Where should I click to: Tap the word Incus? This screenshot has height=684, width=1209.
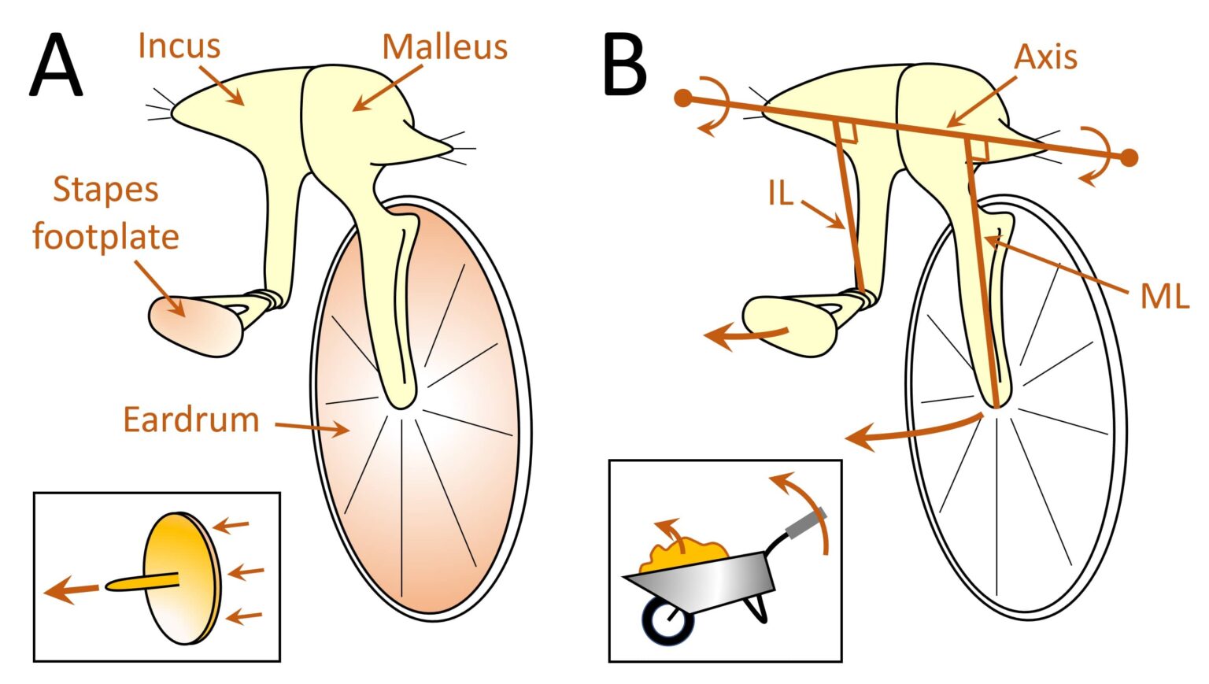click(179, 46)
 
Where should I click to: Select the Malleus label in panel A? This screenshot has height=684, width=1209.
click(445, 47)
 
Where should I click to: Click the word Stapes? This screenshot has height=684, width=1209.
click(105, 190)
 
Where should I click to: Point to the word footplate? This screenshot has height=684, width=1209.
click(105, 236)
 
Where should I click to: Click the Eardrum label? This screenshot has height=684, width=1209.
click(191, 420)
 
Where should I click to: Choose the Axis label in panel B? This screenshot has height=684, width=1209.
click(1045, 57)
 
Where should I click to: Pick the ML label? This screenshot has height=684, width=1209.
click(1164, 297)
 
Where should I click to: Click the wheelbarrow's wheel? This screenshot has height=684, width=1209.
click(669, 619)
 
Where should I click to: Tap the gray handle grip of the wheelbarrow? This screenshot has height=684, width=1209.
click(806, 523)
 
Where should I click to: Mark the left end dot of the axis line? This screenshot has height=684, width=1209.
click(683, 98)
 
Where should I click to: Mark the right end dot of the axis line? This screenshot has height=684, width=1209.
click(1129, 157)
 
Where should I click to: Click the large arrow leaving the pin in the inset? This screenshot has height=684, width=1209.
click(72, 590)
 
